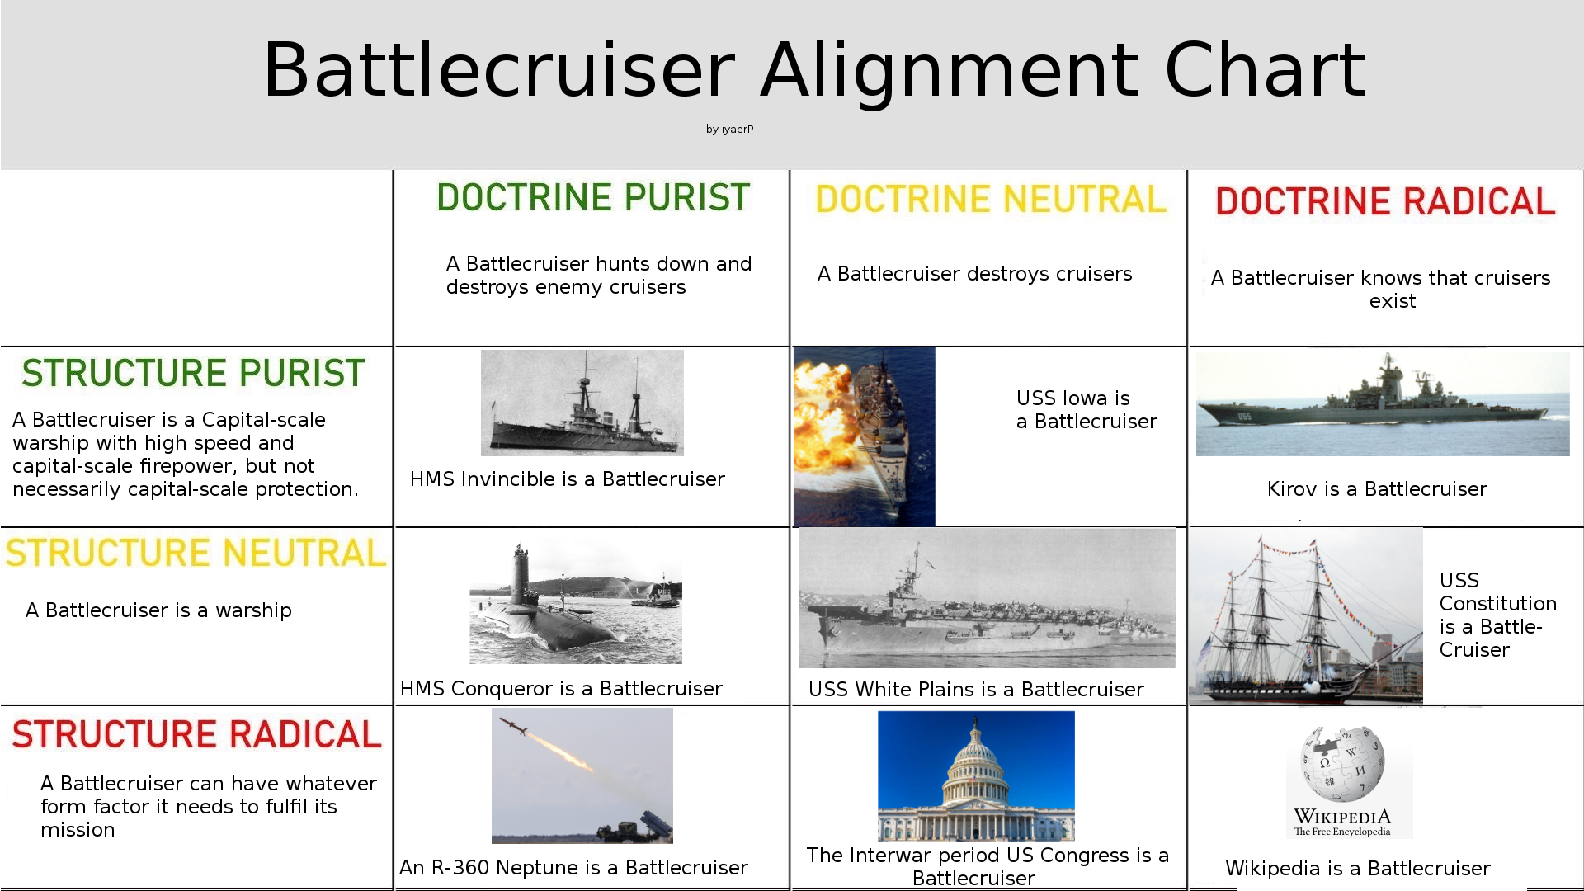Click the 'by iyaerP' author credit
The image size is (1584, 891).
click(729, 130)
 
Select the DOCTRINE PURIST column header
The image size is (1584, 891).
click(593, 198)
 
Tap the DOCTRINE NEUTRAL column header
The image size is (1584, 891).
click(991, 200)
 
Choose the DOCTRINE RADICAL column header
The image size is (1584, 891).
click(1385, 202)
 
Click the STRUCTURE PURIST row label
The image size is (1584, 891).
click(193, 374)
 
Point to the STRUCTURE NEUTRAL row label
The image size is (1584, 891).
click(196, 554)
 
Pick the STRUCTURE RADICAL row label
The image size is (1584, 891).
click(196, 735)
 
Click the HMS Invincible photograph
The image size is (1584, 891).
click(582, 403)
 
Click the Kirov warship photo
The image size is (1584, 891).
click(1383, 404)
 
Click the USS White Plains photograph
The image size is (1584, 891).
click(988, 598)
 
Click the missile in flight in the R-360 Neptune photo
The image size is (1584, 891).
click(514, 726)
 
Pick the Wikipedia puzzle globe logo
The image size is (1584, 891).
click(1342, 764)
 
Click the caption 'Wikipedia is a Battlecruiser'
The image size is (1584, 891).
click(1358, 869)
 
